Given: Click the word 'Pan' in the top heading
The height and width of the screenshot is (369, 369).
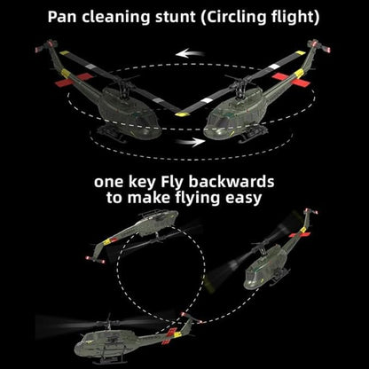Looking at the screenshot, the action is point(62,17).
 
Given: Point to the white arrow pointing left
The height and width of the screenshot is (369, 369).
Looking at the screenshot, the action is point(190,54).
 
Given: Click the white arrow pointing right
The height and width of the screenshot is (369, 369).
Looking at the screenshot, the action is point(190,142).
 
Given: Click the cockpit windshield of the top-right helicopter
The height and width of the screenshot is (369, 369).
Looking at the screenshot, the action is point(221,121).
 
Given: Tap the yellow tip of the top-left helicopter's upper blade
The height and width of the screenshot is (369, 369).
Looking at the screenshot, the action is point(64,53).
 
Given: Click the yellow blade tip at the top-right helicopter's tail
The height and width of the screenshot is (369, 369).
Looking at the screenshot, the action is point(300,53).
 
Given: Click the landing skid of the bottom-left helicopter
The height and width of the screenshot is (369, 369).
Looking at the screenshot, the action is point(110,361).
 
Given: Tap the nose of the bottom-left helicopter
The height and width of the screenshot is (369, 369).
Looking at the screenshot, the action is point(77,349).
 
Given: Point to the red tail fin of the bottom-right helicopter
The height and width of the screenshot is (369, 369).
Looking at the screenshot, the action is point(299,234).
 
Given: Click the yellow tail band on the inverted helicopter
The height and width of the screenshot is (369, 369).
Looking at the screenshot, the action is point(107,242).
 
